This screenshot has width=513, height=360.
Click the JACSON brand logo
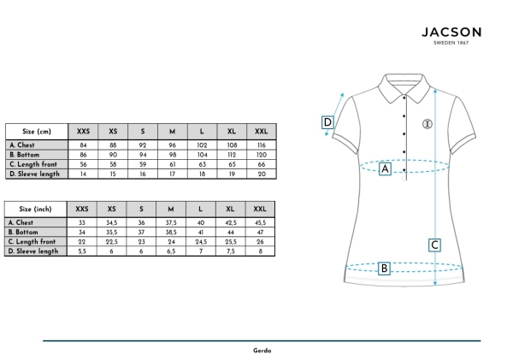[451, 35]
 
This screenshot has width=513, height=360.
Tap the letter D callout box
[327, 122]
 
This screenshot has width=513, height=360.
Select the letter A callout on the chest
[385, 168]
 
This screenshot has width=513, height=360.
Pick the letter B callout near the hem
[384, 269]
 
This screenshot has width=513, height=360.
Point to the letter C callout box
[434, 245]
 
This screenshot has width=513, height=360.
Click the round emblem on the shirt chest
[427, 124]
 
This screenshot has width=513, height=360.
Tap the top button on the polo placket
[404, 97]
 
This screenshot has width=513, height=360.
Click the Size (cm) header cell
[37, 132]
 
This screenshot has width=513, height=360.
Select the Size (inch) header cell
[35, 210]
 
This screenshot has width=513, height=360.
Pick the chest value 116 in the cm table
[262, 145]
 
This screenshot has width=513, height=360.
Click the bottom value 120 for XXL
[262, 155]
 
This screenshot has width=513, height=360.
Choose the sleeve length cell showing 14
[83, 174]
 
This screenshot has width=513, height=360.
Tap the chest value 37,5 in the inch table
[171, 222]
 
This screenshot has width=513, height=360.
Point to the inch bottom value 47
[261, 232]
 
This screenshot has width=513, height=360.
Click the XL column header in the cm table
[232, 132]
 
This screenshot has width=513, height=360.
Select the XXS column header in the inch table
[82, 210]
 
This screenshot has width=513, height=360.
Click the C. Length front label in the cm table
[33, 164]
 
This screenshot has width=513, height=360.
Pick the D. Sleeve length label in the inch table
[33, 251]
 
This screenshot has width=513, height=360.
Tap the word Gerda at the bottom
[262, 351]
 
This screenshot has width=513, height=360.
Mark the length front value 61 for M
[173, 164]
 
